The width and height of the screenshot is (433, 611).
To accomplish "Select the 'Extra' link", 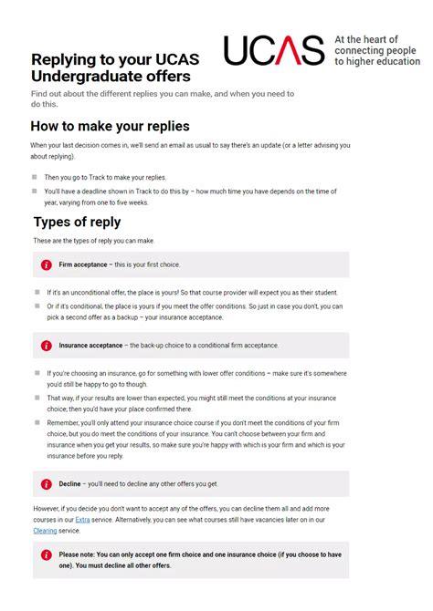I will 83,518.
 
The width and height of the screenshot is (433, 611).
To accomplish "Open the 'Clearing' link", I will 45,529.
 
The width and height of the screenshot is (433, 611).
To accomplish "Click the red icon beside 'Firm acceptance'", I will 46,264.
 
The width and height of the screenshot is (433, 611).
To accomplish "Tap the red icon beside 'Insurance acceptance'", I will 46,346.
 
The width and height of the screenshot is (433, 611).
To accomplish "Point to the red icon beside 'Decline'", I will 46,484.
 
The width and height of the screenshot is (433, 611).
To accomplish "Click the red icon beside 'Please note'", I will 46,554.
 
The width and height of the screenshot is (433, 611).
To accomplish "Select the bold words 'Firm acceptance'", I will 83,264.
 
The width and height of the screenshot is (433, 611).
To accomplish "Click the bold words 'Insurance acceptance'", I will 91,346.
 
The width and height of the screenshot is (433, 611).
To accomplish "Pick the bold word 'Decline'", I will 70,484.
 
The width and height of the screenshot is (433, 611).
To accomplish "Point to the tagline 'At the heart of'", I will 366,40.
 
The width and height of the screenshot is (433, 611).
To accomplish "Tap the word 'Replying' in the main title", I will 67,59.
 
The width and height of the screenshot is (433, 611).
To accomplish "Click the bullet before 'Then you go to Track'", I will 35,177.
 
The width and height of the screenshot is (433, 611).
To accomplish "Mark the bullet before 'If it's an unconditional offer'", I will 35,292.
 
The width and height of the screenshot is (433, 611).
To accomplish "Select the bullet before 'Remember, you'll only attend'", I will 35,423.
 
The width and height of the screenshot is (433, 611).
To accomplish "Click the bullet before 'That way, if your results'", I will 35,399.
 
